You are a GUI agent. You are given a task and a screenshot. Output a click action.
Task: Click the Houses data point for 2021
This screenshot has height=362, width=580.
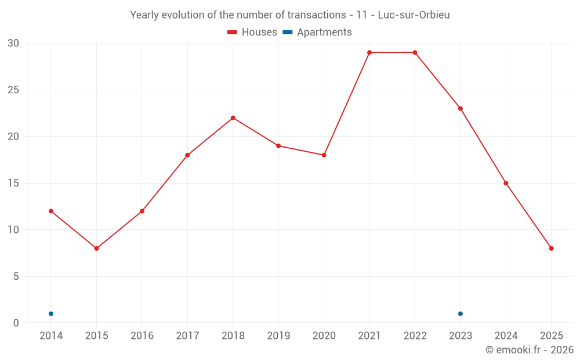(369, 53)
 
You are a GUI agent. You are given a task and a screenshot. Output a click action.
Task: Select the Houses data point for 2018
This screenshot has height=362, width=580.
(233, 118)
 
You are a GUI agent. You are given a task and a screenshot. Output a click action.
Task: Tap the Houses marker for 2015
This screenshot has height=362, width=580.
(96, 248)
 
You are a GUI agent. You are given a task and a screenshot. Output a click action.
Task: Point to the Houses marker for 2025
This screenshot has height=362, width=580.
(552, 248)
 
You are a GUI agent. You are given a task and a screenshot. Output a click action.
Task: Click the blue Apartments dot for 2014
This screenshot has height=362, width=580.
(51, 314)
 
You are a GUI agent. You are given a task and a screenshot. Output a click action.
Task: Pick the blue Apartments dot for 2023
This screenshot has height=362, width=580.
(461, 314)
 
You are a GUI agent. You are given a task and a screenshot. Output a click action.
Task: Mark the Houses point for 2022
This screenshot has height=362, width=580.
(415, 53)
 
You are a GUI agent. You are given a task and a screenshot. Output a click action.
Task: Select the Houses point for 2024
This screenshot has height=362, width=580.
(506, 183)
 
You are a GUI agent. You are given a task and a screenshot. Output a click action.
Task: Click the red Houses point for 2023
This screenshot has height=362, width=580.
(461, 108)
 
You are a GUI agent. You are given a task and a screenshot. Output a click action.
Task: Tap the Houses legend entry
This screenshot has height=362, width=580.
(252, 32)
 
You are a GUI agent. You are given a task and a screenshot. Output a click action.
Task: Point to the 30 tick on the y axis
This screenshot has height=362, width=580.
(13, 43)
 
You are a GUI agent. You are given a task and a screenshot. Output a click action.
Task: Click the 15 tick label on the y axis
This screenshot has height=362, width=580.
(13, 183)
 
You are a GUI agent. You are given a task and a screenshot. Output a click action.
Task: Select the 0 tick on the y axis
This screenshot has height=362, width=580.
(16, 323)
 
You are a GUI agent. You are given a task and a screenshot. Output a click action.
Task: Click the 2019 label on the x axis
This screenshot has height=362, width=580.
(278, 336)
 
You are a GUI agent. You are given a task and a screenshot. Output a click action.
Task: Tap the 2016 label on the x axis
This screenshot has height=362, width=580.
(142, 336)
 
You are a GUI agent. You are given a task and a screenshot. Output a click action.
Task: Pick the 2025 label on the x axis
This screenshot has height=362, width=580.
(552, 336)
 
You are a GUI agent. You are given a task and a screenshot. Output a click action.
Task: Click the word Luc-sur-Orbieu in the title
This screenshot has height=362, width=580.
(414, 15)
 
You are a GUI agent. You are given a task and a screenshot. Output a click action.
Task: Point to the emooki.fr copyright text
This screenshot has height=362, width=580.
(530, 350)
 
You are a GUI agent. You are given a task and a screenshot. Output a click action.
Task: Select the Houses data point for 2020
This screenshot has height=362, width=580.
(324, 155)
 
